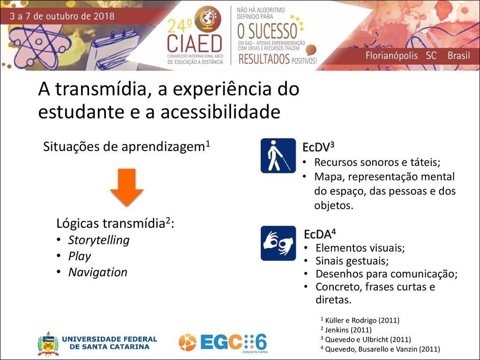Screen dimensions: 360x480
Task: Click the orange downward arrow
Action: [127, 187]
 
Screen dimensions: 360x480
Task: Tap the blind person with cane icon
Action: [278, 156]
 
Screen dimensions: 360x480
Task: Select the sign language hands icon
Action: [278, 243]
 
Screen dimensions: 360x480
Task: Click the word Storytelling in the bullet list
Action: [98, 240]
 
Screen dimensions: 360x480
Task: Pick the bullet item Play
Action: [79, 256]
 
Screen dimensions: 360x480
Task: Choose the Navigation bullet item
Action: [97, 272]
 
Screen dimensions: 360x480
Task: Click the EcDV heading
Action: [318, 147]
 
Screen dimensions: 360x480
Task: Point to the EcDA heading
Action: [320, 234]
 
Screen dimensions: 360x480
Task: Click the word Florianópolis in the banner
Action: [392, 55]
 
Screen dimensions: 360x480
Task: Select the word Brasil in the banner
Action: [458, 55]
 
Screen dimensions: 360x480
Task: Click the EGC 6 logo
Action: [223, 342]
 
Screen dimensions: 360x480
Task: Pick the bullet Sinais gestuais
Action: [352, 261]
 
